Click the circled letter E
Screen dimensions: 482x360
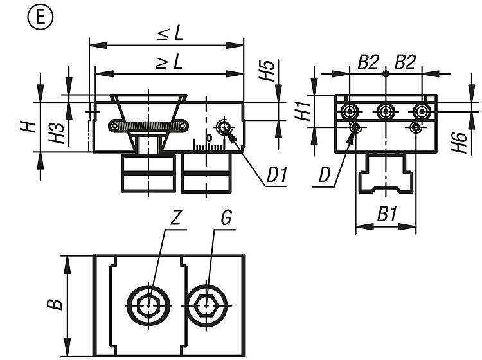point(40,17)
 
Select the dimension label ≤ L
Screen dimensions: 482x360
point(170,33)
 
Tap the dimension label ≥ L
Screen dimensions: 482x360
point(170,61)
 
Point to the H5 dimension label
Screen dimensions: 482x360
point(267,71)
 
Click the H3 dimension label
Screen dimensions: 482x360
point(57,133)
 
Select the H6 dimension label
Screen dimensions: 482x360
point(460,142)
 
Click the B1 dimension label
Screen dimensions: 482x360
point(387,214)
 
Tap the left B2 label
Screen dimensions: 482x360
point(368,62)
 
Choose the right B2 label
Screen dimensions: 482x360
point(405,62)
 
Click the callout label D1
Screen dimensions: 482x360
point(276,175)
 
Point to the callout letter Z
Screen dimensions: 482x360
point(175,218)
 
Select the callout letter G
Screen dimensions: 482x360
point(226,218)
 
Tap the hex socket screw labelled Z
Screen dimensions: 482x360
point(149,305)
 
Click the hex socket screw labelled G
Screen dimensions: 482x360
point(207,305)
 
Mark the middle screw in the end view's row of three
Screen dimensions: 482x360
point(386,111)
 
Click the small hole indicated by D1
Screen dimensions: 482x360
point(224,127)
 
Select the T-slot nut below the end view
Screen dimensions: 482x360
point(386,173)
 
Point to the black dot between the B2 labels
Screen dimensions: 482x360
point(386,74)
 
